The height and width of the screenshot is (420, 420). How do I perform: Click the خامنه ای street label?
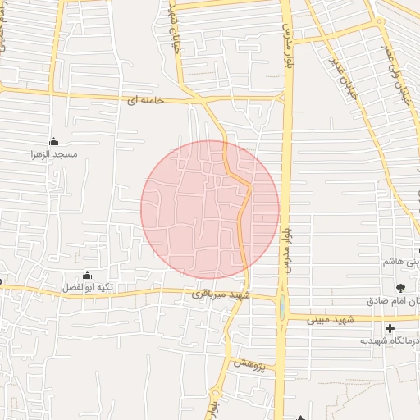[142, 100]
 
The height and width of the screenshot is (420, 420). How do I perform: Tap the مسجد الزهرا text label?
[54, 153]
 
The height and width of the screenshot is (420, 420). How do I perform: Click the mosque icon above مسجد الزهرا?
[54, 140]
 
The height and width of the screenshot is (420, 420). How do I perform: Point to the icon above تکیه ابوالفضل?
[88, 275]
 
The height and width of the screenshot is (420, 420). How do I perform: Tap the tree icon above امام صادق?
[400, 287]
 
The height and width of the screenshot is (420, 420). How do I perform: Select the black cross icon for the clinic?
[390, 328]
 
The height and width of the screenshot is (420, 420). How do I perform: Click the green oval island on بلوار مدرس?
[282, 308]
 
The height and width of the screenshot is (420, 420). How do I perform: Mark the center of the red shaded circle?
[210, 209]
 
